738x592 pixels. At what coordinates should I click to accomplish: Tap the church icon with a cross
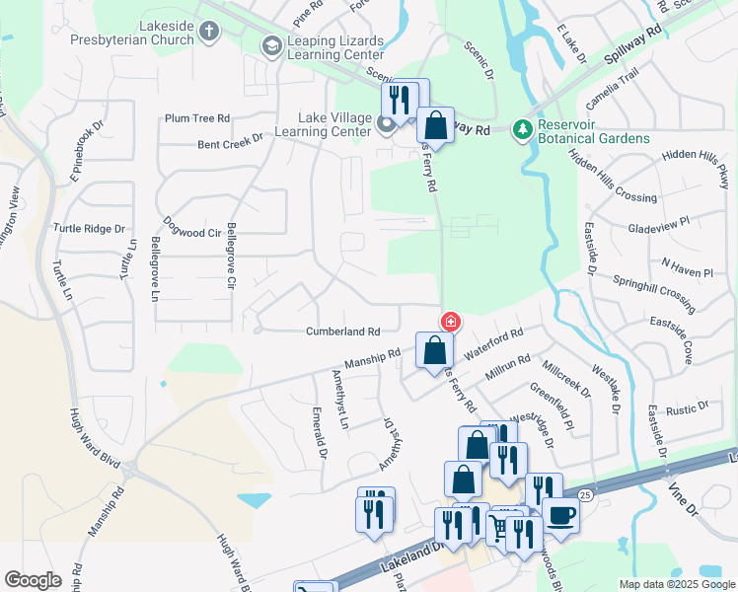click(x=208, y=32)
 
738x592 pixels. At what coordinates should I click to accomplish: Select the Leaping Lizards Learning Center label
click(x=341, y=45)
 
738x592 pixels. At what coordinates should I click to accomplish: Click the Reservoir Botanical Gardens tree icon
click(x=522, y=130)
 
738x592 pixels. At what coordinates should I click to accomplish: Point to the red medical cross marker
click(x=450, y=322)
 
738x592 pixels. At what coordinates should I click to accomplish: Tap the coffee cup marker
click(x=560, y=515)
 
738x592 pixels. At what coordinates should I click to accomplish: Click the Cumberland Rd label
click(x=342, y=332)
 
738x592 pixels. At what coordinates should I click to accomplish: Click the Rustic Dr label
click(x=688, y=407)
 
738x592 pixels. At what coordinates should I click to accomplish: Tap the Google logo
click(x=33, y=580)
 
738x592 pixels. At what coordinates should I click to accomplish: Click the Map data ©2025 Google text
click(x=676, y=584)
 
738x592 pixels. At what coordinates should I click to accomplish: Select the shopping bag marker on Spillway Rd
click(x=435, y=125)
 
